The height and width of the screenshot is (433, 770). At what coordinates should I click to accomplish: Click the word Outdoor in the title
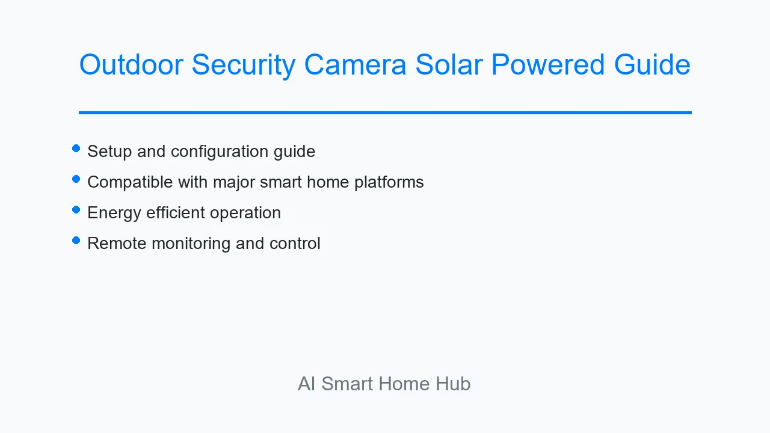[x=131, y=64]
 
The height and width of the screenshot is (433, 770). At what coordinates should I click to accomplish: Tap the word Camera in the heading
[x=356, y=64]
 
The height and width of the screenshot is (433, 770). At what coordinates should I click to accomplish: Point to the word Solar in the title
[x=449, y=64]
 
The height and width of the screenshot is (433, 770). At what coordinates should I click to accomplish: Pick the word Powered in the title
[x=548, y=64]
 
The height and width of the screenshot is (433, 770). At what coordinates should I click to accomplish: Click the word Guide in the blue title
[x=652, y=64]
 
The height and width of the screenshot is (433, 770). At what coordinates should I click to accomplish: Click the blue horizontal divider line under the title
[x=385, y=112]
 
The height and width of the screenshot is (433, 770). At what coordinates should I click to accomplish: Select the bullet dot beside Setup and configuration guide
[x=76, y=149]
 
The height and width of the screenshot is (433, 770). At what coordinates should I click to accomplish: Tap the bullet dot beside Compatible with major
[x=76, y=179]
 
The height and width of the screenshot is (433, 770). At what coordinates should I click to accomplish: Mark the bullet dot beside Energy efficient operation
[x=76, y=210]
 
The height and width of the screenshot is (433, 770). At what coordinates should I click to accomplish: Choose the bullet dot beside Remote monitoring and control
[x=76, y=240]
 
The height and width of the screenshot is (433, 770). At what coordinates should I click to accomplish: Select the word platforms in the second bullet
[x=389, y=182]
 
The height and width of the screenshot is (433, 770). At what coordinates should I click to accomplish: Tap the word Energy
[x=114, y=213]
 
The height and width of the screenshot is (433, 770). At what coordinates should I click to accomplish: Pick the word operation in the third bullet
[x=245, y=213]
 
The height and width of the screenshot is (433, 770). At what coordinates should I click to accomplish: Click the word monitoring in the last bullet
[x=191, y=244]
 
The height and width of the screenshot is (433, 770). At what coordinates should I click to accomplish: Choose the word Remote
[x=117, y=244]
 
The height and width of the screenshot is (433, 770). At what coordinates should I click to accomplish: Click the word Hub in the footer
[x=453, y=384]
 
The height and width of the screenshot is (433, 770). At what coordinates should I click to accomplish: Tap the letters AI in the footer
[x=307, y=384]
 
